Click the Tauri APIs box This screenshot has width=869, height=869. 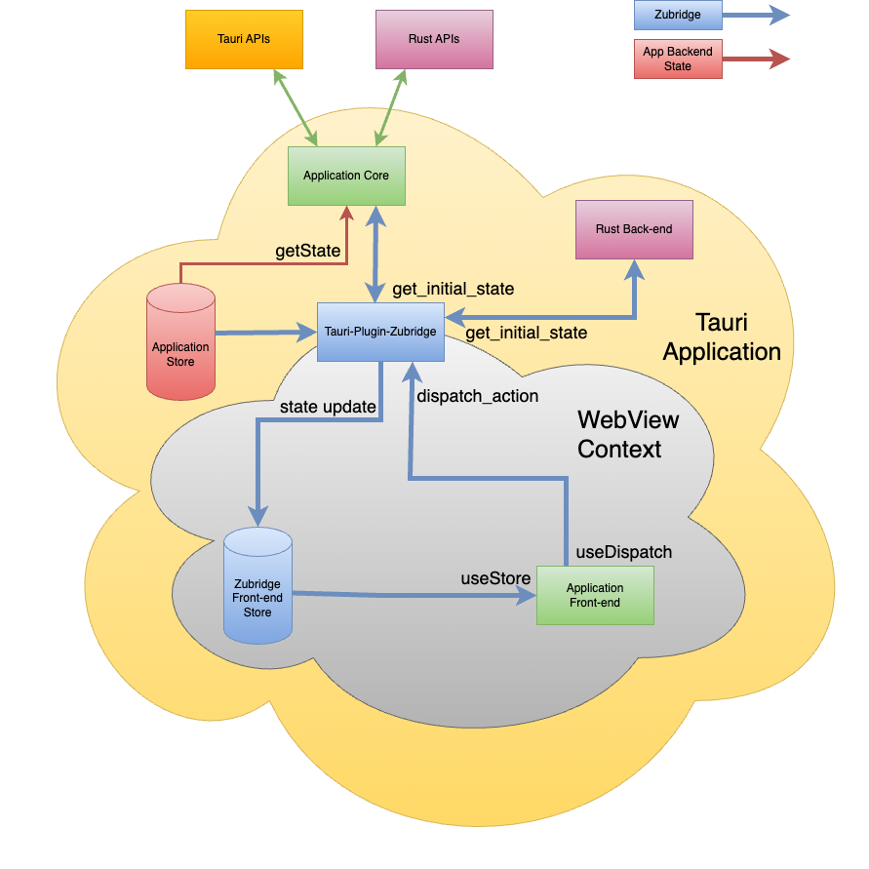pos(244,39)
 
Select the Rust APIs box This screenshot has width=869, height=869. pos(434,39)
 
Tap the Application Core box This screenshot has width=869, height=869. pos(346,176)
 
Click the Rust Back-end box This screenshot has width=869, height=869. pos(634,229)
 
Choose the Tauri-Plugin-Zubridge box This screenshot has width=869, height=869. pos(380,333)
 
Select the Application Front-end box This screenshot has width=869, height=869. pos(595,595)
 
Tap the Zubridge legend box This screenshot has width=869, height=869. pos(678,15)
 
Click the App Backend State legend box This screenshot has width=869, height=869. pos(678,59)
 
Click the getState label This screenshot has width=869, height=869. pos(308,251)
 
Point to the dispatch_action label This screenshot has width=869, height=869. pos(478,397)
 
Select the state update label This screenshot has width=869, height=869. pos(328,407)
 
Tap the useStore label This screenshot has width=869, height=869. pos(495,578)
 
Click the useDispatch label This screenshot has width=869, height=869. pos(623,552)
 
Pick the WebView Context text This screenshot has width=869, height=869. pos(628,435)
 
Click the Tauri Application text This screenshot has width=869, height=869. pos(722,336)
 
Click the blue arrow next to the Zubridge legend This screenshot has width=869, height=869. pos(757,15)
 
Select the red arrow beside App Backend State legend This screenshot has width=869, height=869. pos(757,59)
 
